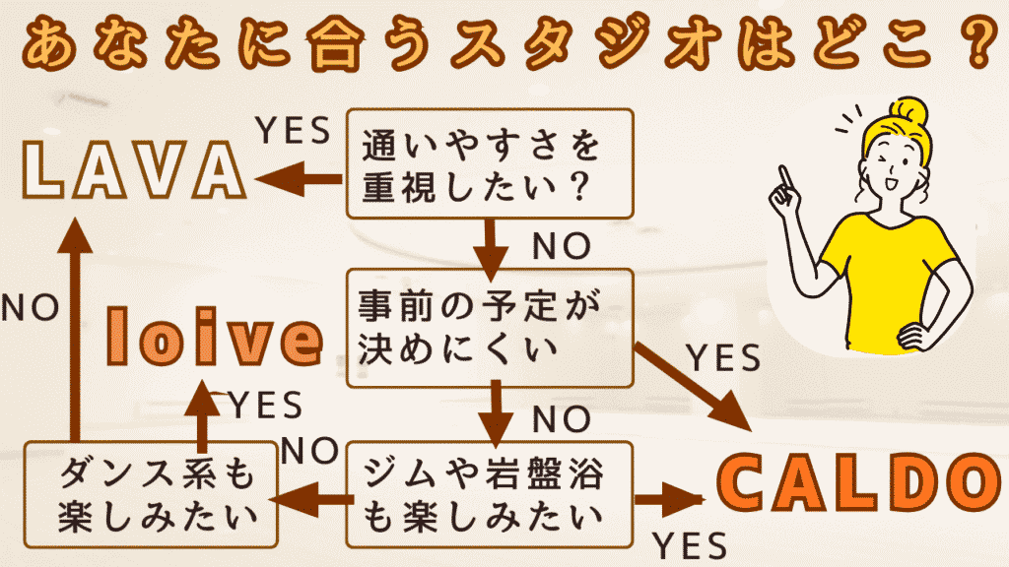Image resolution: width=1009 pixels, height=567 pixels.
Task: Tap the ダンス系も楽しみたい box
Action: (151, 494)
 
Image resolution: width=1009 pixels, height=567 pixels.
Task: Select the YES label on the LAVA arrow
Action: (292, 131)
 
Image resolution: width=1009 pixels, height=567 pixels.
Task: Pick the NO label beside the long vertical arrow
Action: (30, 308)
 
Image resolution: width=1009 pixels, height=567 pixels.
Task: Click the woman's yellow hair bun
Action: (904, 110)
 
